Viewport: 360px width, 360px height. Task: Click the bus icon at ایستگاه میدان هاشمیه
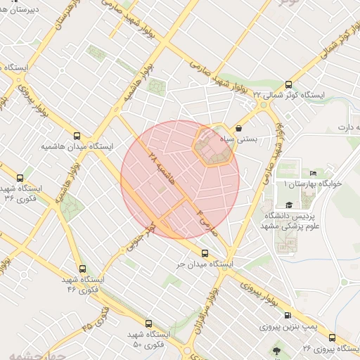(x=77, y=136)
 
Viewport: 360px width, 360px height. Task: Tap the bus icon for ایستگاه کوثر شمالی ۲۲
(x=288, y=84)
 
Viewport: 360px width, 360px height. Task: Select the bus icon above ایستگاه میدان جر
(x=205, y=253)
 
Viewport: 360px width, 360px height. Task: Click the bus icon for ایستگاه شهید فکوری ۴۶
(x=83, y=269)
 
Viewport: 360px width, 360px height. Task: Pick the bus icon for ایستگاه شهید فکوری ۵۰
(x=148, y=324)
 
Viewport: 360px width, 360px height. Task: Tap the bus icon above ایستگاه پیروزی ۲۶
(x=332, y=337)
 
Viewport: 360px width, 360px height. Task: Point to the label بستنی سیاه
(x=257, y=139)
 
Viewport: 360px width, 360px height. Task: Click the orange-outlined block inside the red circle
(x=214, y=146)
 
